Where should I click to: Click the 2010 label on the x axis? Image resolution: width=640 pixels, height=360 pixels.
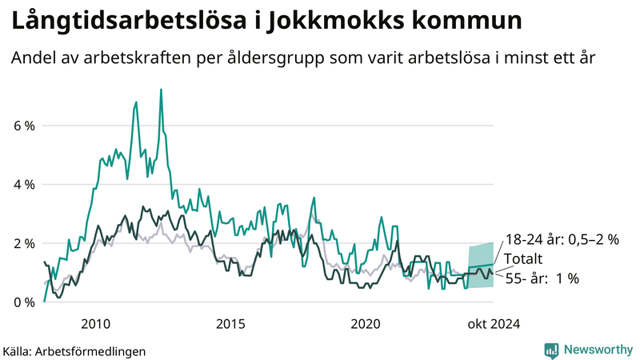coord(95,323)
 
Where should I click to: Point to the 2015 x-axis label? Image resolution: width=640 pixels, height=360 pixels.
coord(230,323)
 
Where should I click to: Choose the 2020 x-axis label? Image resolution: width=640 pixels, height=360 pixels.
coord(366,323)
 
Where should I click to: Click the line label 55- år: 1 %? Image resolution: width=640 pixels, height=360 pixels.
coord(546,278)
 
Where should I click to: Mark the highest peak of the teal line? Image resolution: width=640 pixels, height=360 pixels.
coord(162,90)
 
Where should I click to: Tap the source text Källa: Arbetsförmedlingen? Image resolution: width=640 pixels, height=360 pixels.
coord(74,350)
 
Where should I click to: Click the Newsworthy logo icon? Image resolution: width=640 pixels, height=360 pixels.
coord(551,350)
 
